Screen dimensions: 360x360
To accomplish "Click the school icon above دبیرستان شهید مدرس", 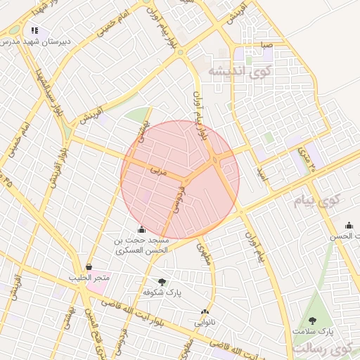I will point(34,31).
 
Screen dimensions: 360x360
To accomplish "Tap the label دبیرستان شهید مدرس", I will point(35,42).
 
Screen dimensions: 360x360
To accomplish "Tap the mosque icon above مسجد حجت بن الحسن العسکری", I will point(142,229).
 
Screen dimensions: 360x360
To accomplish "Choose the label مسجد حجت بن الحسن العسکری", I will point(142,245).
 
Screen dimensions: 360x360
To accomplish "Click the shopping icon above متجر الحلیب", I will point(89,267).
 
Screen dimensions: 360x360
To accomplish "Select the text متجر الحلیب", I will point(89,278).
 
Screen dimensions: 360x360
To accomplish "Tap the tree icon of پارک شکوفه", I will point(162,281).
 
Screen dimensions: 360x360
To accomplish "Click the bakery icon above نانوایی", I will point(205,312).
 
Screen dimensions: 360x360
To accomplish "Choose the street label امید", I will point(262,173).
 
